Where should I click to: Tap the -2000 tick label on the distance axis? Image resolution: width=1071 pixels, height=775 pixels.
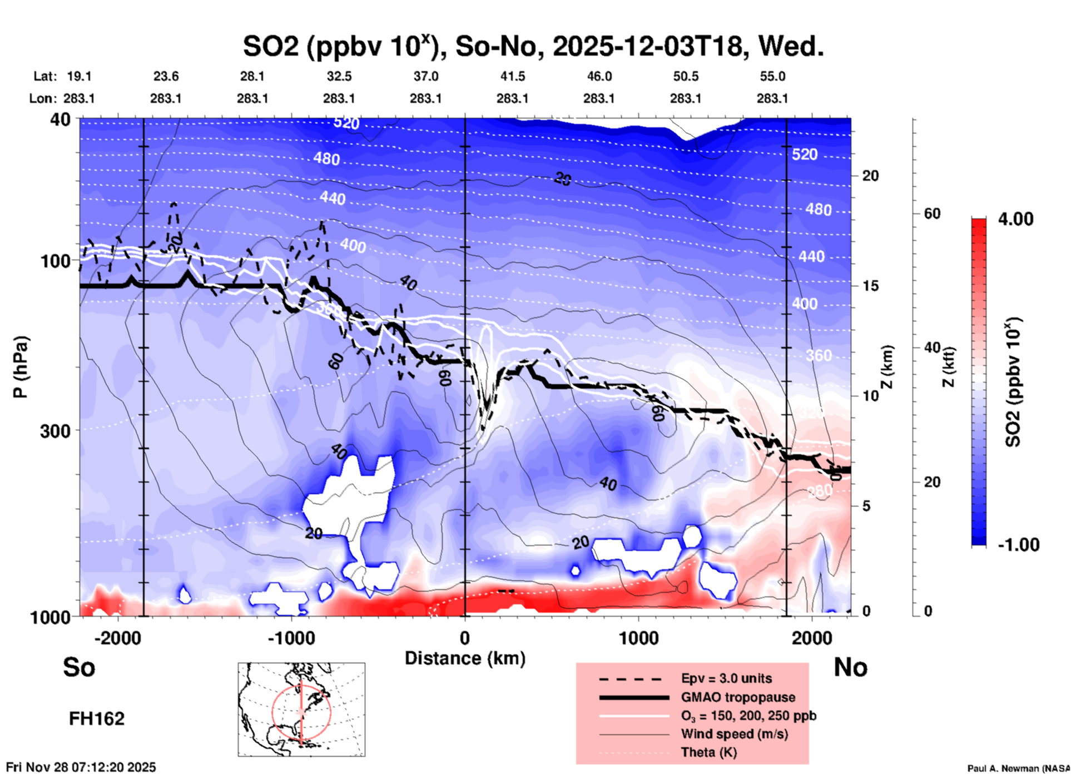click(117, 638)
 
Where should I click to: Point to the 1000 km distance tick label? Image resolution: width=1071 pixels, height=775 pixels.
click(638, 638)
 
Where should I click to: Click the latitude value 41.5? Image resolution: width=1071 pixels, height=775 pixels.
click(512, 76)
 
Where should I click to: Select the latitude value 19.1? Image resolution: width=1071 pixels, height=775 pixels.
click(79, 76)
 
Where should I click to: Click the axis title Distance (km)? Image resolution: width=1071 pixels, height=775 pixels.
click(465, 658)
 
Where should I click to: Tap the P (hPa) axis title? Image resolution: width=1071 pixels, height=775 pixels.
click(20, 367)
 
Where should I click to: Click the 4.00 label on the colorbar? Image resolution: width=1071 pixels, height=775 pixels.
click(1015, 218)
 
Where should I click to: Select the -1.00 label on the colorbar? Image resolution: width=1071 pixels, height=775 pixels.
click(1018, 544)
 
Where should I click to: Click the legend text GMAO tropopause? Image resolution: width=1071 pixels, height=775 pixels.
click(738, 697)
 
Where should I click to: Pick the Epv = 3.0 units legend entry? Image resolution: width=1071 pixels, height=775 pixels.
click(726, 678)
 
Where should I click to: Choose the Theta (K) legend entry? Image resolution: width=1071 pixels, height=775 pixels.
click(708, 752)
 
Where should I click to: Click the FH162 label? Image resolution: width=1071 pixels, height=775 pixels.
click(97, 719)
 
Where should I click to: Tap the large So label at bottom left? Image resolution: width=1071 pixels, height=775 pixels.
click(79, 667)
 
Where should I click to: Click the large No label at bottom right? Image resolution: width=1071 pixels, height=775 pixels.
click(850, 667)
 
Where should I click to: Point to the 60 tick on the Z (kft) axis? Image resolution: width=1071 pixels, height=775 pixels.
click(932, 213)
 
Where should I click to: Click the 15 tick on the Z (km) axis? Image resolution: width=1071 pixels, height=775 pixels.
click(870, 286)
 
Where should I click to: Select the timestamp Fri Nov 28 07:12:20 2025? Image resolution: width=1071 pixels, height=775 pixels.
click(81, 767)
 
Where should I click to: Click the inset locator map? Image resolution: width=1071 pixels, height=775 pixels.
click(301, 709)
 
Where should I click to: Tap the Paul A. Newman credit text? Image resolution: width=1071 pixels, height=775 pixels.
click(1018, 768)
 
